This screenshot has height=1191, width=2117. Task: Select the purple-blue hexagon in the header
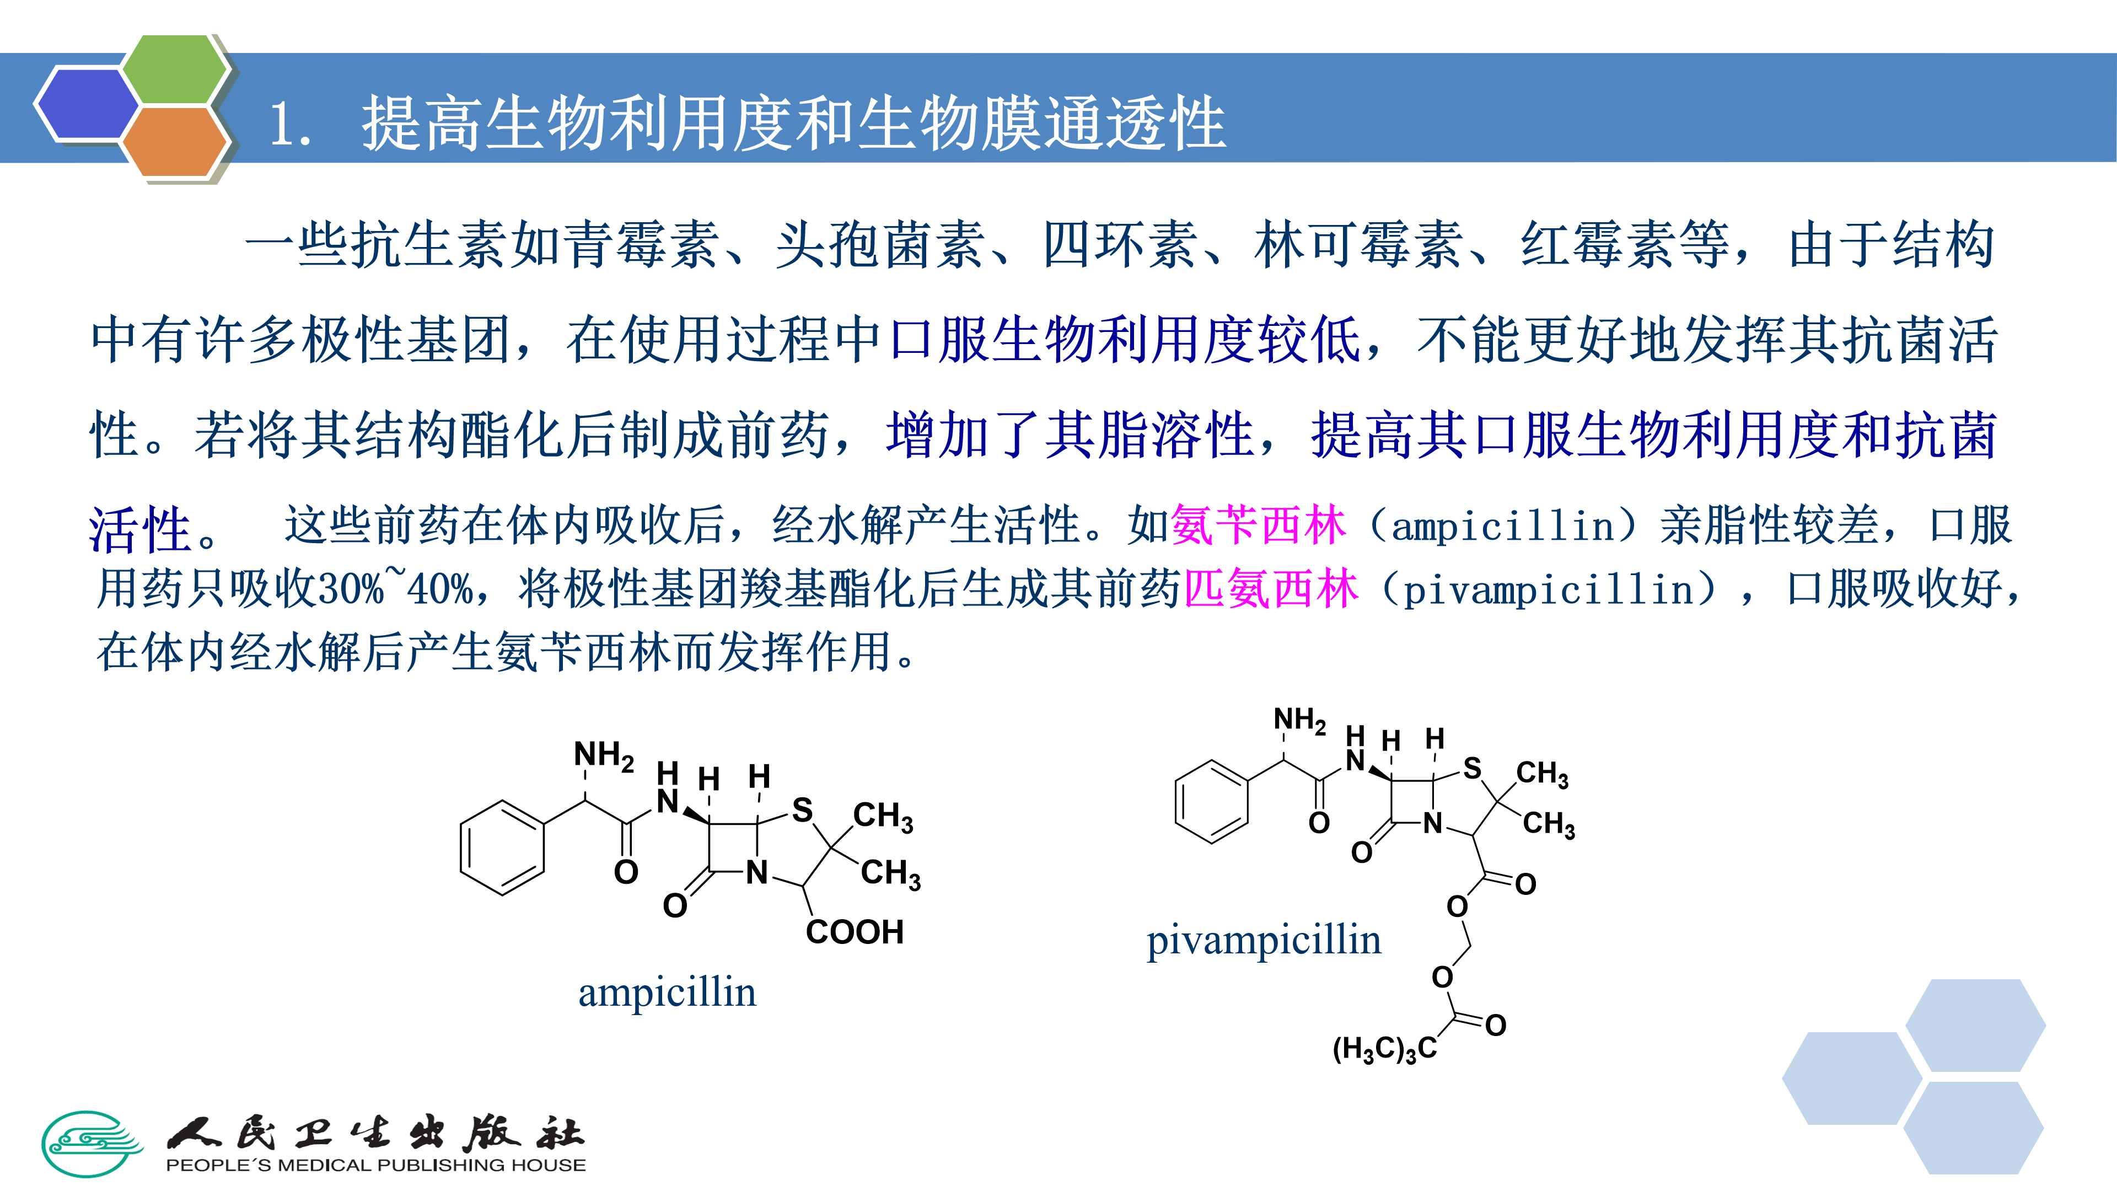coord(87,104)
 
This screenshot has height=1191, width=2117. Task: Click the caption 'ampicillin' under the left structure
coord(667,993)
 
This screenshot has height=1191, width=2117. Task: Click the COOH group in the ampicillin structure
coord(855,932)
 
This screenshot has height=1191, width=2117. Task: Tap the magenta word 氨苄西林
coord(1258,525)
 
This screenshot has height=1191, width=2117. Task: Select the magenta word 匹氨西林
coord(1271,589)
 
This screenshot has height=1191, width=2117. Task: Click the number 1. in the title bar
coord(290,125)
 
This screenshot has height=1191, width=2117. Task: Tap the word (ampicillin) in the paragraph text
coord(1503,526)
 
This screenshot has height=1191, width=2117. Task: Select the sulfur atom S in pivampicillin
coord(1472,769)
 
